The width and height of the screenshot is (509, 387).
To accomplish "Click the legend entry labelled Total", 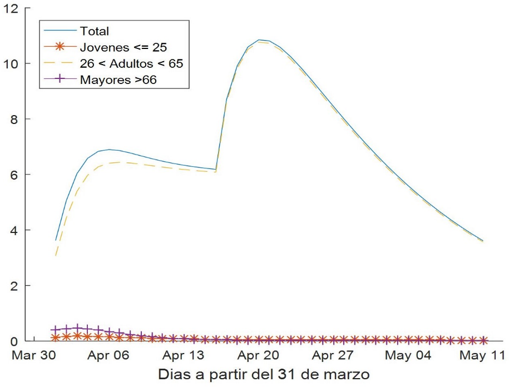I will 95,31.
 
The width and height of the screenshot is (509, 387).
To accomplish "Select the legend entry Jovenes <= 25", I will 123,47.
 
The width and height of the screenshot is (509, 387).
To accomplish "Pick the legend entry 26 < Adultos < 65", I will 131,63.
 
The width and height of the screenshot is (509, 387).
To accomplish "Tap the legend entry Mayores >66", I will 118,80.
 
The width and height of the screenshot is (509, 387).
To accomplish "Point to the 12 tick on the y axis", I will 11,8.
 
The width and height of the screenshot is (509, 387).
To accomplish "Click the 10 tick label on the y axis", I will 11,63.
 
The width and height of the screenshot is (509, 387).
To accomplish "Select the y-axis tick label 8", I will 13,119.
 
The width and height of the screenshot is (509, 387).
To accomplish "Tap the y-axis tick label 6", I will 13,175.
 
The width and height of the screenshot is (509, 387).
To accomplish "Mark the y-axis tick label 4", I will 13,230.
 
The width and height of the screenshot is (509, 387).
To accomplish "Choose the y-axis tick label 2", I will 13,286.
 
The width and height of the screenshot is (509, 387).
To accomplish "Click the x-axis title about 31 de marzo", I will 263,373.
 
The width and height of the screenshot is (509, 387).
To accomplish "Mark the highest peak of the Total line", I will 259,40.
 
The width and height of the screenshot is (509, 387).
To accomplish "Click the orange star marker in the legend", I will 61,47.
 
